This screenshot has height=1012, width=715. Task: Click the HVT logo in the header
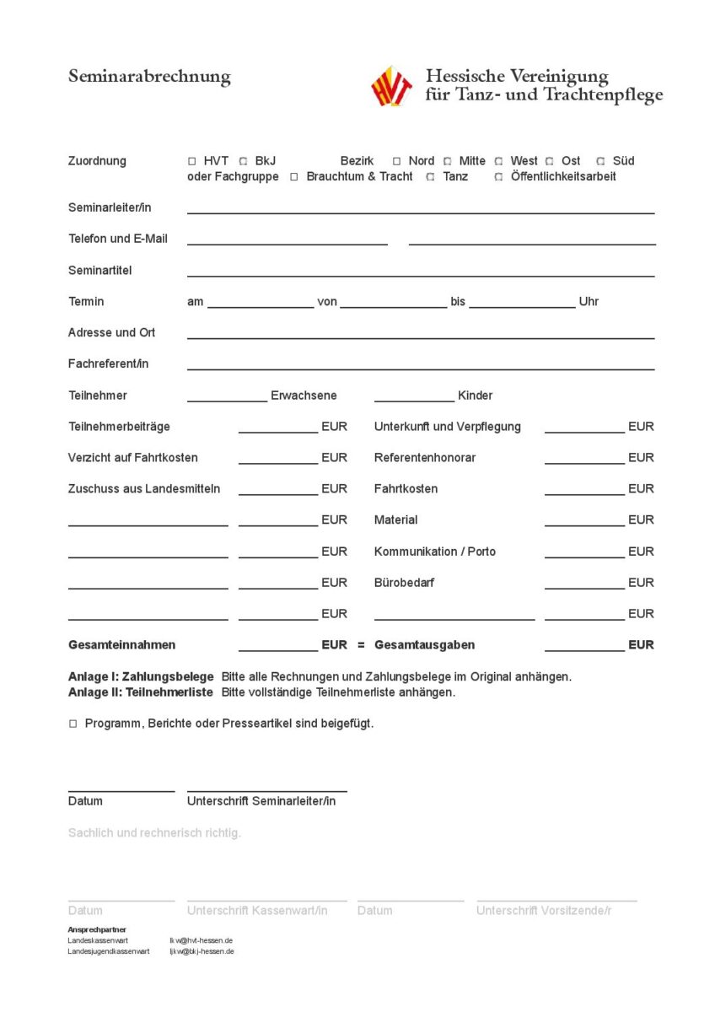coord(392,86)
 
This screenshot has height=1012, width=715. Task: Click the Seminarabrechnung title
coord(149,77)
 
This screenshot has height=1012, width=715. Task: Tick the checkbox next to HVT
coord(192,161)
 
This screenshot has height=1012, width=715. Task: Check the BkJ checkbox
coord(244,161)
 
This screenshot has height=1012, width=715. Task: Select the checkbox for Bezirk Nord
coord(397,161)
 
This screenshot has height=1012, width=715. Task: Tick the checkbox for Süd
coord(601,161)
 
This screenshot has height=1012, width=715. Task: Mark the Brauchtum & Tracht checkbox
coord(294,177)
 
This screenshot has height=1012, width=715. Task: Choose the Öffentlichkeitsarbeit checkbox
coord(499,177)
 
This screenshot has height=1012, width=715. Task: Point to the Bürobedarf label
coord(404,583)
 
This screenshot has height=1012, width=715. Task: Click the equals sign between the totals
coord(361,645)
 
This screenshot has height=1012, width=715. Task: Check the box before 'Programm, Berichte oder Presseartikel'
coord(73,724)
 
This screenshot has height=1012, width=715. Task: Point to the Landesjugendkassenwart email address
coord(202,951)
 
